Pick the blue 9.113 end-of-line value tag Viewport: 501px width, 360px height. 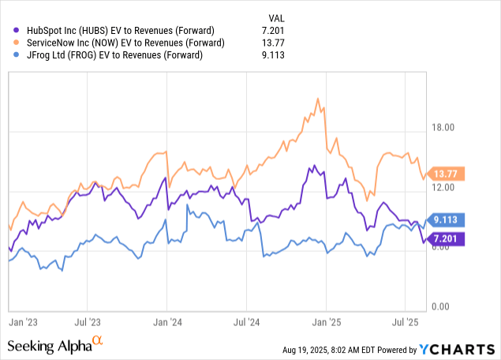point(446,220)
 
